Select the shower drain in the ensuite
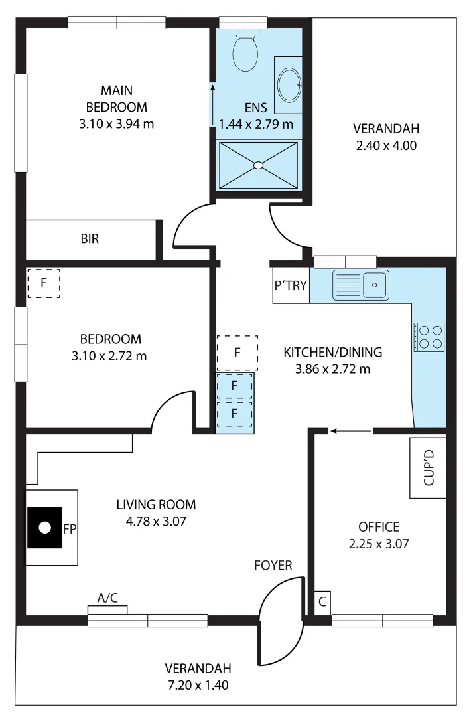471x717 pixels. [x=258, y=165]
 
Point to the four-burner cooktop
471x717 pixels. [x=429, y=337]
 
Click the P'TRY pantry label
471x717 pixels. [x=291, y=286]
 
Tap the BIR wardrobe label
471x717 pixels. [x=90, y=239]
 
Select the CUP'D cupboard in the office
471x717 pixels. [x=428, y=468]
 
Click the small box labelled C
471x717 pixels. [x=322, y=603]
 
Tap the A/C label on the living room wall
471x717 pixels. [x=107, y=598]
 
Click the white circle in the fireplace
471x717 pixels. [x=45, y=528]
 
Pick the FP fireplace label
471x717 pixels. [x=70, y=529]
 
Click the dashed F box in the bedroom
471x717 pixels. [x=44, y=283]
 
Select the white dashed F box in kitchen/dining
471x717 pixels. [x=237, y=353]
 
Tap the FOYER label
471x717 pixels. [x=273, y=566]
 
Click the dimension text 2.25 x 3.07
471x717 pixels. [x=379, y=544]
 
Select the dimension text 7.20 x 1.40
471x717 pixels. [x=198, y=685]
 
